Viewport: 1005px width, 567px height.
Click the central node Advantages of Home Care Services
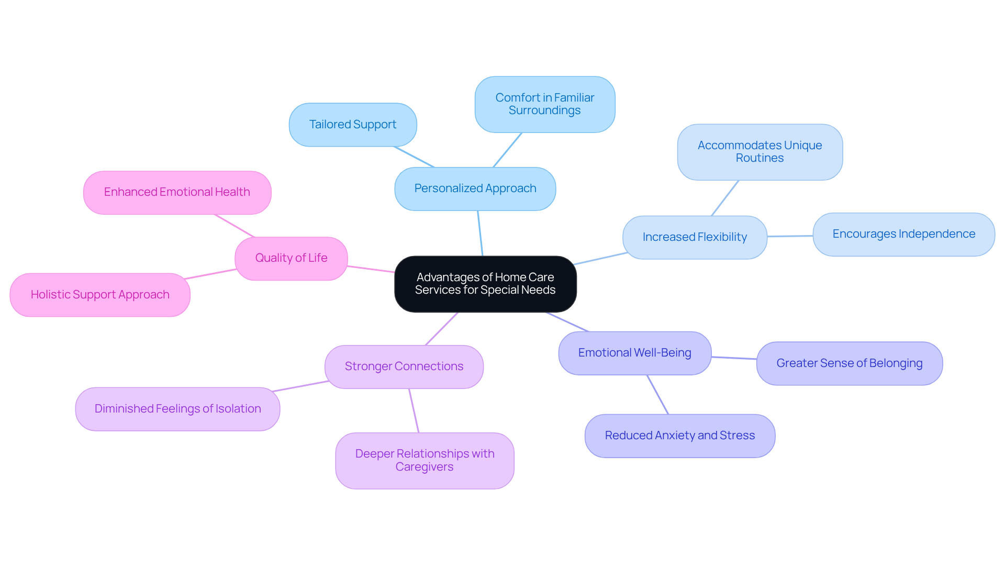click(485, 284)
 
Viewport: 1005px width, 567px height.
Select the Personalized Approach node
click(475, 188)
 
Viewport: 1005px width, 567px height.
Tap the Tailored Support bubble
click(352, 125)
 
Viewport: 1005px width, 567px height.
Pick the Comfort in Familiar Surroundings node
click(544, 104)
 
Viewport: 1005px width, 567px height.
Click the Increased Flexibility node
click(694, 237)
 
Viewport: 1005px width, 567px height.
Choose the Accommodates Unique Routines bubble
click(760, 152)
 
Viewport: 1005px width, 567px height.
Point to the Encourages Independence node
click(903, 234)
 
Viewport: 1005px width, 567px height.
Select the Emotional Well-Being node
click(634, 353)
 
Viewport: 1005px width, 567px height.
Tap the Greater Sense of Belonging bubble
click(849, 363)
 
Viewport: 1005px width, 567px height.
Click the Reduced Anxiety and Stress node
click(679, 436)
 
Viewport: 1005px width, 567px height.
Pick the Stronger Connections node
click(404, 366)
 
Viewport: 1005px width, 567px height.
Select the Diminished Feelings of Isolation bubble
click(177, 409)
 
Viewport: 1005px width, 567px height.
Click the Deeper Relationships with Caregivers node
click(425, 460)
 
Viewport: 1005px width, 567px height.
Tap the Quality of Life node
click(291, 258)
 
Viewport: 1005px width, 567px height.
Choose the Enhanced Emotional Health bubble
click(177, 192)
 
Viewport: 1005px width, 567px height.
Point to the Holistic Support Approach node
click(99, 295)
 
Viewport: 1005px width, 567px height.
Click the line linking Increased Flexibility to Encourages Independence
click(790, 236)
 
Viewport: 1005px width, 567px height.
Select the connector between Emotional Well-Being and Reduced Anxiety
click(658, 395)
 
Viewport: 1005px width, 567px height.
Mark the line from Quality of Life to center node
click(371, 269)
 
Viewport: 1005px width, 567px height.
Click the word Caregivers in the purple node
click(425, 467)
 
